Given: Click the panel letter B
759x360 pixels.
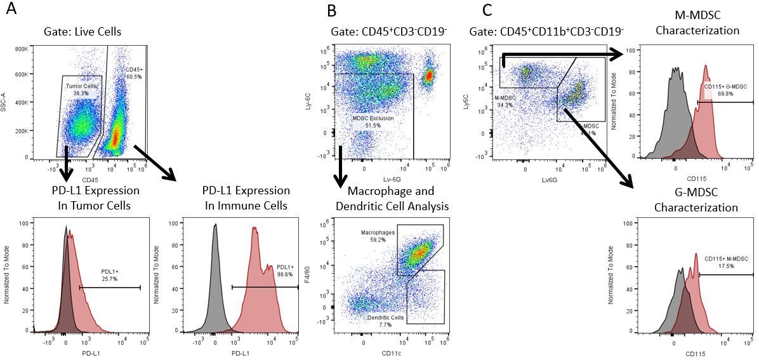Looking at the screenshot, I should click(x=332, y=11).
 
